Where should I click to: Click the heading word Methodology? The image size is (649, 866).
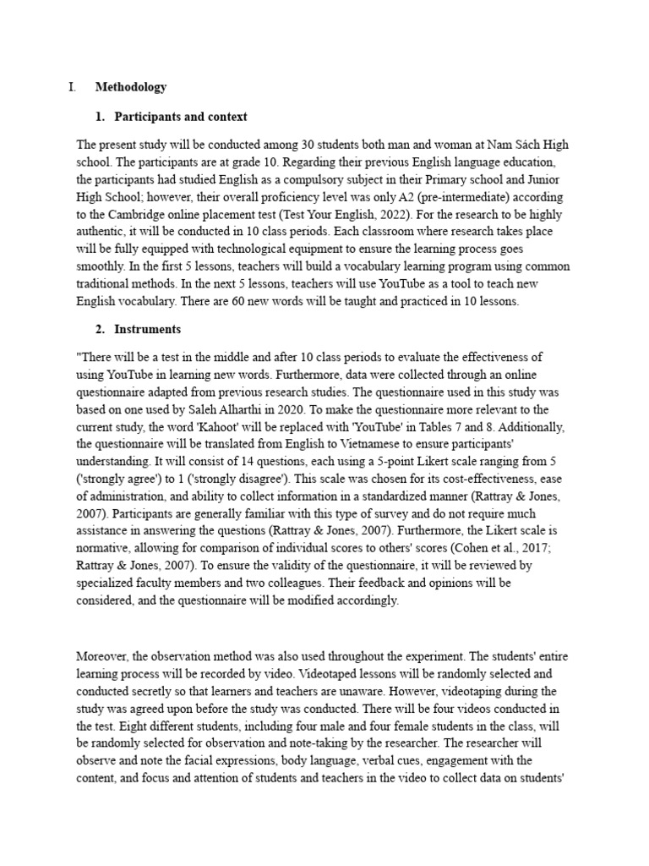[131, 87]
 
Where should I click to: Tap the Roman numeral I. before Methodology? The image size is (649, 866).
[72, 87]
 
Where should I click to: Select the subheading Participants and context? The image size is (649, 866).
[181, 117]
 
